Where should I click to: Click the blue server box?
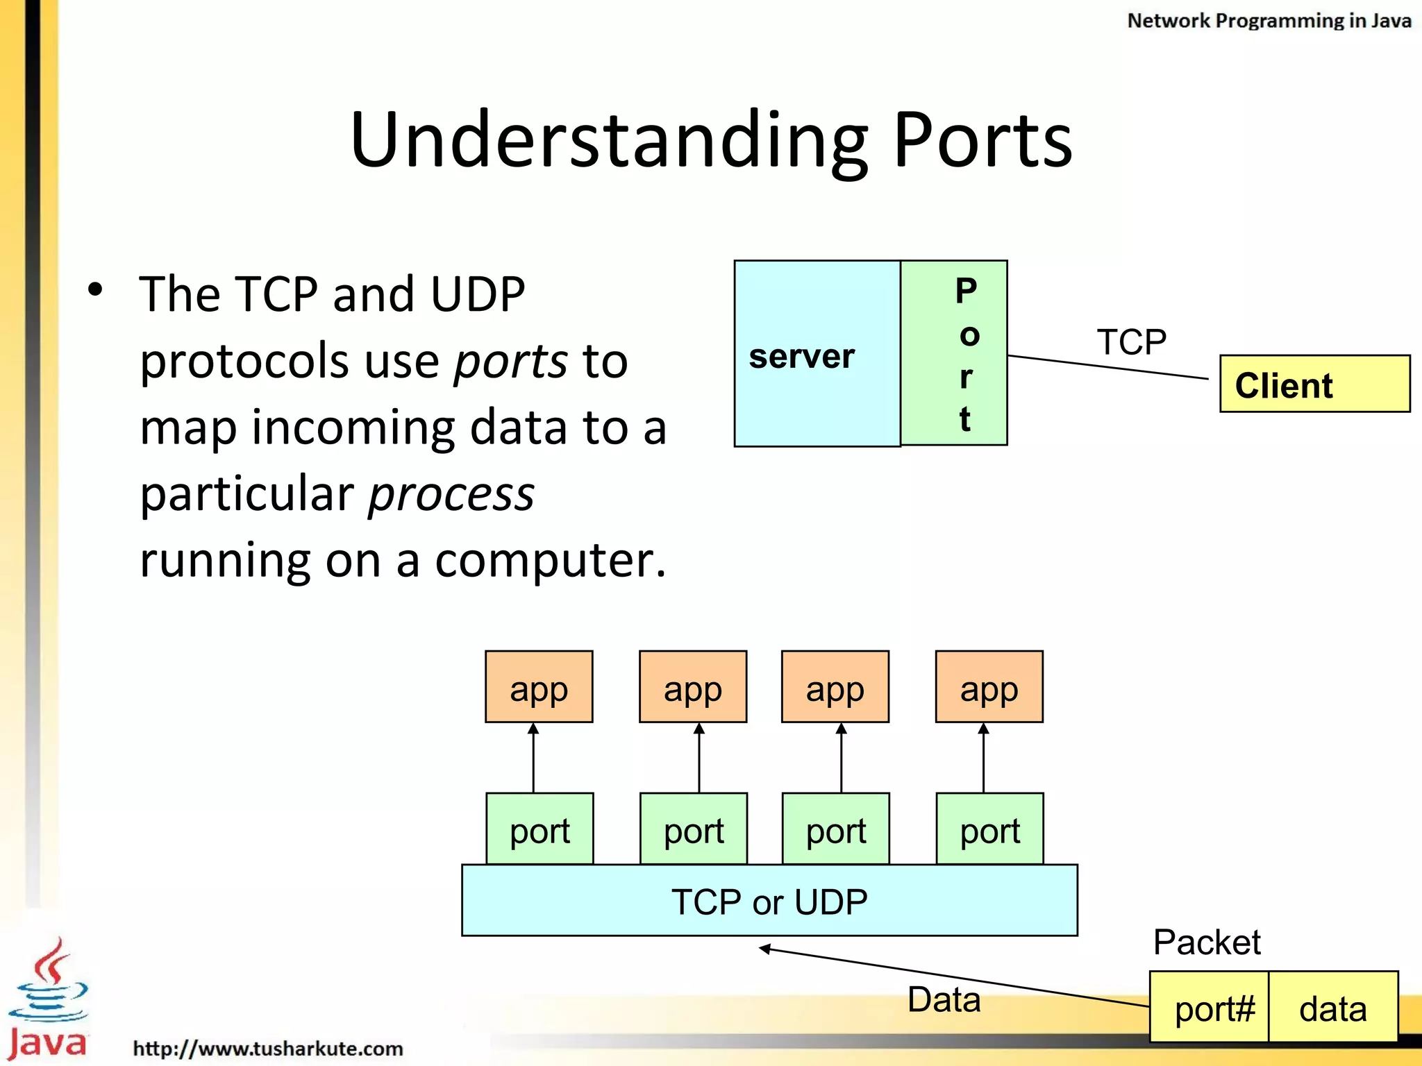point(817,354)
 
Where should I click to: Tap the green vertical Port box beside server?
point(954,353)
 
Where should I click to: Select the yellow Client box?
point(1314,384)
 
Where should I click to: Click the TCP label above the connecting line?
point(1131,341)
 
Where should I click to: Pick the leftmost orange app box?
point(539,687)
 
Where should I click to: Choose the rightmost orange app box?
point(989,687)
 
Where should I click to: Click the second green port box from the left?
point(693,829)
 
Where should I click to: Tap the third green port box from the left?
point(835,829)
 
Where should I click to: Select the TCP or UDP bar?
point(769,901)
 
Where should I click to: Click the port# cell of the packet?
point(1210,1007)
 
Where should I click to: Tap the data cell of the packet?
point(1332,1007)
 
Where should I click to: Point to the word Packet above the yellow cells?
point(1206,942)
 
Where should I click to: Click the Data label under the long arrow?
point(944,999)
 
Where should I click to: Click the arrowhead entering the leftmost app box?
point(533,729)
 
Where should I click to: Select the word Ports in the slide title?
point(982,140)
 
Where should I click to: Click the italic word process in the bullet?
point(451,494)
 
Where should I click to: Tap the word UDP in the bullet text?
point(477,294)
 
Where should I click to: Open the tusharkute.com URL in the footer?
point(268,1048)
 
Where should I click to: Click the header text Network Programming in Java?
point(1269,21)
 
